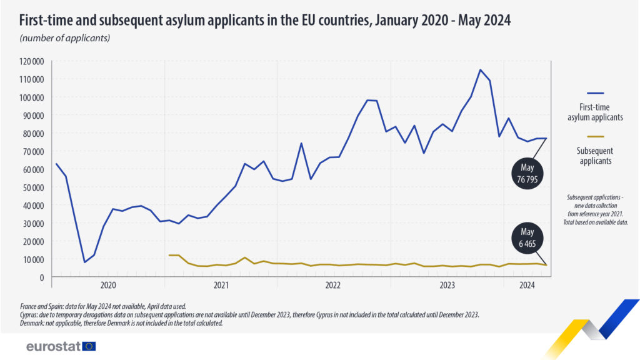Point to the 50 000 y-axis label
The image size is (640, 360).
(32, 187)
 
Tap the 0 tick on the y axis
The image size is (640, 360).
(42, 277)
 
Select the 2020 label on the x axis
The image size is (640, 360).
(108, 286)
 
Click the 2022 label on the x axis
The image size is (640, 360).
(333, 286)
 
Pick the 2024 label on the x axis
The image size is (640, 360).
(527, 286)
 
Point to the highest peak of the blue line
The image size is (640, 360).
(480, 70)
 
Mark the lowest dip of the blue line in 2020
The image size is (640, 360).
(85, 262)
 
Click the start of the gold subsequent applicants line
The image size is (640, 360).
(169, 255)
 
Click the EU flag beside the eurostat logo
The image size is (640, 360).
(89, 346)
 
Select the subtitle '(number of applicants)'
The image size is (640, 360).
(65, 38)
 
